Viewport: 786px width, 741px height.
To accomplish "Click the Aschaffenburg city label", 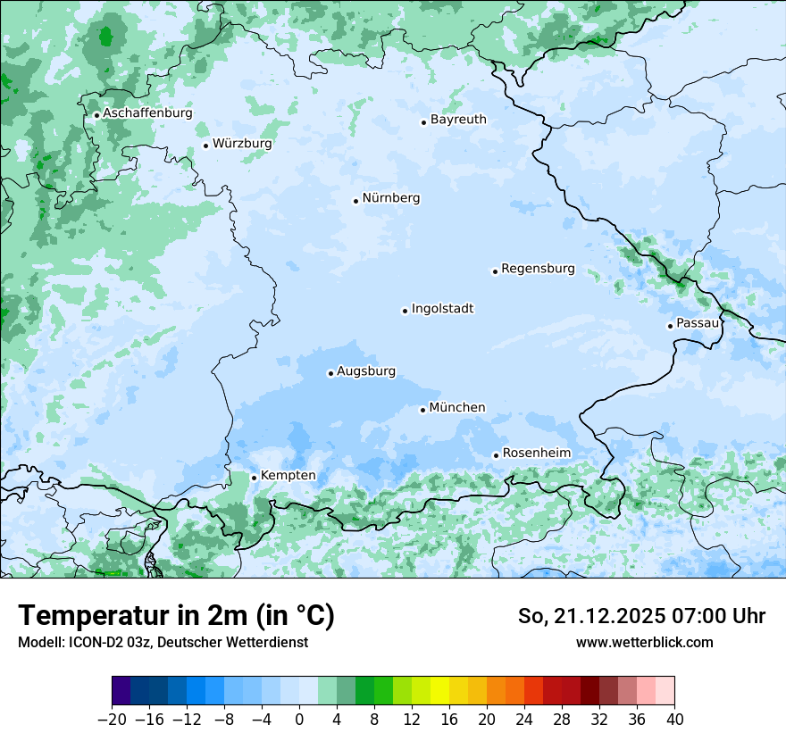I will [147, 113].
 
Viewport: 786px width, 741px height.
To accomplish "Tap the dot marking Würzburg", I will [205, 146].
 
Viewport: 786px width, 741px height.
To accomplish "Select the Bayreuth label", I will [458, 120].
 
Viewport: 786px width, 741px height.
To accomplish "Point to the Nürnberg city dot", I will [355, 201].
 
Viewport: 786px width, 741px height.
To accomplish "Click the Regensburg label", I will [538, 269].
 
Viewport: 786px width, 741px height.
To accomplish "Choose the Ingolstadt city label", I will [442, 309].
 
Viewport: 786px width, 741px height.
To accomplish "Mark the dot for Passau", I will [670, 326].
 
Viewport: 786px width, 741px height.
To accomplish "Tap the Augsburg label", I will [365, 371].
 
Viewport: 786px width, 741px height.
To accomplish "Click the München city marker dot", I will [422, 410].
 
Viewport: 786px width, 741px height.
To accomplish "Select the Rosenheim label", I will [536, 454].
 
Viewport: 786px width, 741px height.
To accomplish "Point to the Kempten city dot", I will [254, 478].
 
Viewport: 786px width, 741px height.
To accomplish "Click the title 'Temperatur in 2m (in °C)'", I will [176, 616].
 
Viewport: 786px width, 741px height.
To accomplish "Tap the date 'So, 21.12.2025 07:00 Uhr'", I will [641, 616].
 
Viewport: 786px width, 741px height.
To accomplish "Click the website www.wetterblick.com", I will [644, 642].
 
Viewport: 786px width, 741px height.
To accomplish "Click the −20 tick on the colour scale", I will [113, 720].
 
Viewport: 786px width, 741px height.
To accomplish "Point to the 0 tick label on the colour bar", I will [299, 720].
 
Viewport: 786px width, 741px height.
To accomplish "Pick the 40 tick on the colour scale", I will [674, 720].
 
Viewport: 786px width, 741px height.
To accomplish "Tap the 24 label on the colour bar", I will [524, 720].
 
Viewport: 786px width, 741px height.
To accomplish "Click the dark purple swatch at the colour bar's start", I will [121, 691].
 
